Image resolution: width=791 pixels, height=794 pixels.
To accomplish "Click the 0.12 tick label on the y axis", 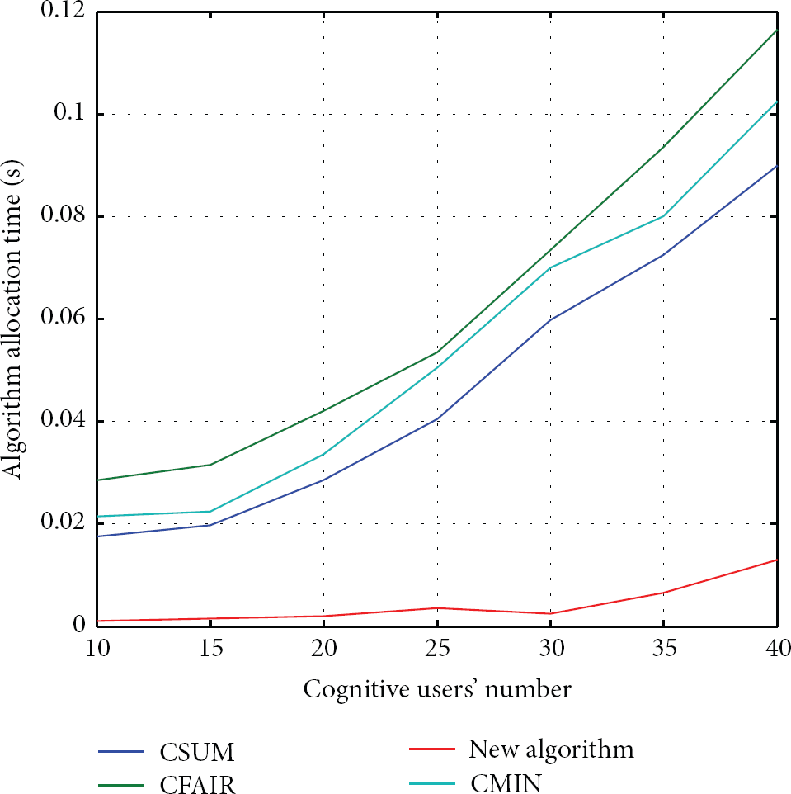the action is point(63,10).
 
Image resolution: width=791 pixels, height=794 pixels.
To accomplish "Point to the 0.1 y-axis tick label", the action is point(69,112).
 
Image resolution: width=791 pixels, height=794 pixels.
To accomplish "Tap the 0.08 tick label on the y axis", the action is point(63,215).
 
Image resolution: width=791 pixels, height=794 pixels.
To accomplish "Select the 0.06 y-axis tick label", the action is point(63,318).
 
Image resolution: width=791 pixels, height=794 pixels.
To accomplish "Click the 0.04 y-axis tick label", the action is point(63,420).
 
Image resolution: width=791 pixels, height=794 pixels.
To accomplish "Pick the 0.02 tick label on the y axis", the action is point(63,522).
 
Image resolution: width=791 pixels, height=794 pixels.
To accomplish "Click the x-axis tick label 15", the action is point(211,649).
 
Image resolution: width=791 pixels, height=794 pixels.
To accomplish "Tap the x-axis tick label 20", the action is point(324,649).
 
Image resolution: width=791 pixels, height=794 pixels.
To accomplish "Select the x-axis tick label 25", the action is point(438,649).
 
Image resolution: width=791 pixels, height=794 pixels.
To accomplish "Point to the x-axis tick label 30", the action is point(551,649).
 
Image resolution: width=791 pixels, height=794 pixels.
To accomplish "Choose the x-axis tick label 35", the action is point(664,649).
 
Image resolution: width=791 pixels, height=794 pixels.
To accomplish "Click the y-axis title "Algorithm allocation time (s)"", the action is point(12,319).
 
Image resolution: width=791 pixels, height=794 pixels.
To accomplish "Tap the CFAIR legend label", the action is point(197,784).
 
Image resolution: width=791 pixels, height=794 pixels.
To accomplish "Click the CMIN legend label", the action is point(506,783).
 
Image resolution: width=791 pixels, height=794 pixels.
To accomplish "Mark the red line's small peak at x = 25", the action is point(438,607).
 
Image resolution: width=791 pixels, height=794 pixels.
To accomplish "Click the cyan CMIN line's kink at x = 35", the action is point(664,216).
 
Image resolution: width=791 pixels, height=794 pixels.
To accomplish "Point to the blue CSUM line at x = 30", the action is point(551,319).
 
